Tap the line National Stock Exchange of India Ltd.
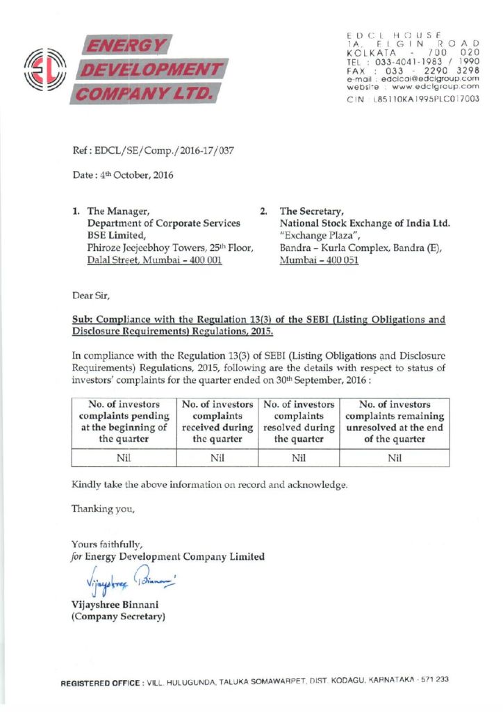tap(365, 223)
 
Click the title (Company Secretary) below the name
tap(119, 616)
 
